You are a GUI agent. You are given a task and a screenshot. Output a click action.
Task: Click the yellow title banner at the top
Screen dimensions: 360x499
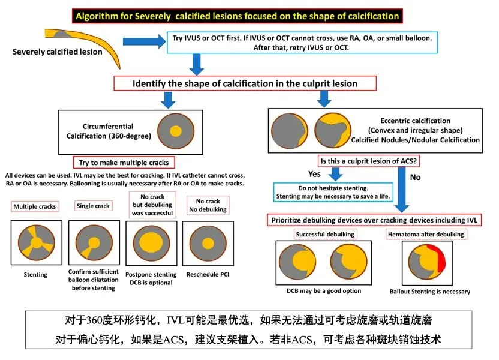coord(236,16)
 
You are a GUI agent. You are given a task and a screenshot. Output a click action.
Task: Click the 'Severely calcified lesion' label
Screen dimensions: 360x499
coord(58,52)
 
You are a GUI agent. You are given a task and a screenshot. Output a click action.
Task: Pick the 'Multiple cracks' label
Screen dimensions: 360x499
coord(35,206)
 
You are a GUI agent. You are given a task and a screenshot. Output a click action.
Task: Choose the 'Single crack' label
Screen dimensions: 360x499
coord(93,206)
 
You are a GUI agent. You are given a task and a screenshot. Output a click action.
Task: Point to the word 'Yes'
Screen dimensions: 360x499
coord(314,174)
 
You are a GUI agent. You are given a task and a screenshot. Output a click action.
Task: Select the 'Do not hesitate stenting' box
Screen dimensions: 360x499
coord(333,192)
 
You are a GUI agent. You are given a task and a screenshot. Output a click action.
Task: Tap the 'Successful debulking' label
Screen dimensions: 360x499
coord(324,234)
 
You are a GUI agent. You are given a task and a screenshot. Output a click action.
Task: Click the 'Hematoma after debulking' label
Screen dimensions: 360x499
coord(434,234)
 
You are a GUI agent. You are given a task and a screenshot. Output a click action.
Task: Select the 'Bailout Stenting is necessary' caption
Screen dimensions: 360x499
coord(429,292)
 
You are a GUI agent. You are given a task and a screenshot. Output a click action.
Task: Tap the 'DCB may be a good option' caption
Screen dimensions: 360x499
coord(324,291)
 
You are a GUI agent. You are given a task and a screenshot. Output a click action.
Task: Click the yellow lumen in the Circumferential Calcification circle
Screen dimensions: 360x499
coord(175,131)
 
